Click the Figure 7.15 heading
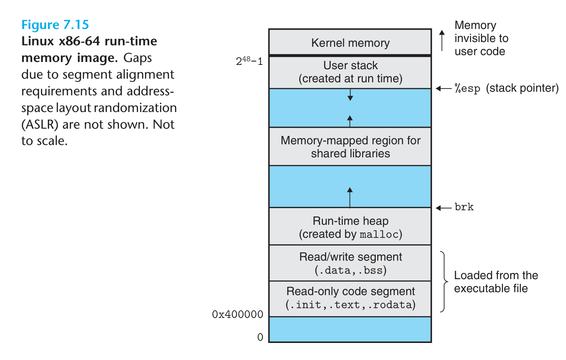point(55,25)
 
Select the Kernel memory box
point(350,42)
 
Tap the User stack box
point(350,72)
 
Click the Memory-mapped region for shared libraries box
point(350,146)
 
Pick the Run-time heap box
point(350,227)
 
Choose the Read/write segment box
point(350,263)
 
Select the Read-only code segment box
point(350,298)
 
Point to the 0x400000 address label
point(237,314)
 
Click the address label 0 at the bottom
point(260,337)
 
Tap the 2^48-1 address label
point(249,61)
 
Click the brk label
point(464,207)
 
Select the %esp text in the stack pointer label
point(467,88)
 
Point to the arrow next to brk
point(443,208)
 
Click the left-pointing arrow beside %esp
point(443,88)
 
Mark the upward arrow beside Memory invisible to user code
point(442,40)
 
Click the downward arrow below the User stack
point(350,95)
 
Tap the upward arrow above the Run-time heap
point(350,197)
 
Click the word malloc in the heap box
point(379,235)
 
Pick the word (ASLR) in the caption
point(40,124)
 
